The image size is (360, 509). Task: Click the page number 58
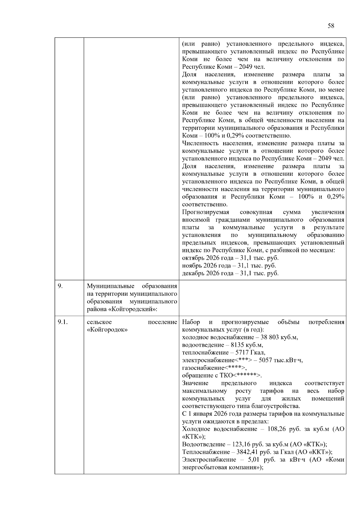(x=331, y=26)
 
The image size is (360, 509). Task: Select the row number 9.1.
(x=63, y=322)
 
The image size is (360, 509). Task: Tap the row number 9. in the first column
(x=60, y=286)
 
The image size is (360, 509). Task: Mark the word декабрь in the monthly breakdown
(x=193, y=274)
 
